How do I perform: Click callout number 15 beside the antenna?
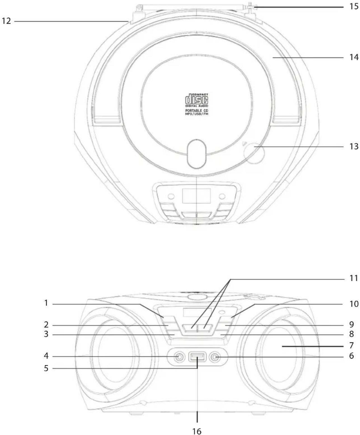[354, 7]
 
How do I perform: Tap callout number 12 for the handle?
[6, 21]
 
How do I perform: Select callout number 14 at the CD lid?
[354, 57]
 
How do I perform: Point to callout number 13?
[354, 146]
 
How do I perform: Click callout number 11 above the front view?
[354, 278]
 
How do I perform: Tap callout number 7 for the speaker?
[351, 345]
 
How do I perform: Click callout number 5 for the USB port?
[46, 368]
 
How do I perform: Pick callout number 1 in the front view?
[46, 303]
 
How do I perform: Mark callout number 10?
[354, 304]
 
